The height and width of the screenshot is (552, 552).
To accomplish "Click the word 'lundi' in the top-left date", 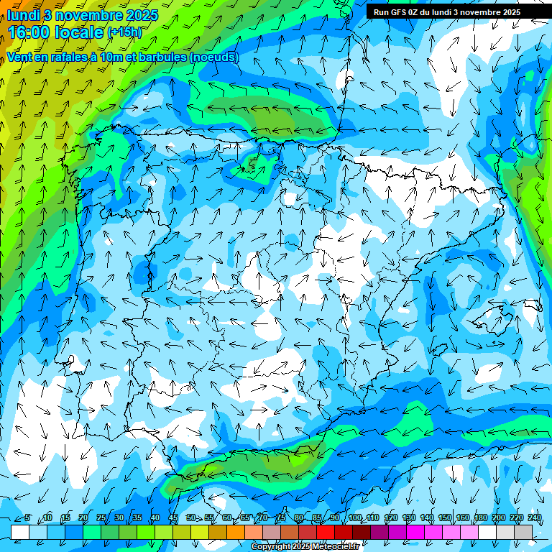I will click(23, 14).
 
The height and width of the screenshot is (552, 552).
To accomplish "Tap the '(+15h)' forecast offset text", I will click(124, 32).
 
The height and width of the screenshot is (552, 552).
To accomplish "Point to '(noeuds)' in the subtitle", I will click(212, 57).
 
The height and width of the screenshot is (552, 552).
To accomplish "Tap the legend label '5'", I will click(27, 518).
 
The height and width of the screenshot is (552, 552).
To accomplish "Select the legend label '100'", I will click(354, 518).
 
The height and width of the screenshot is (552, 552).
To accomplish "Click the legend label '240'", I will click(534, 518).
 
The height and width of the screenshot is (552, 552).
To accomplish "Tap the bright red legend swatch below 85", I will click(326, 532).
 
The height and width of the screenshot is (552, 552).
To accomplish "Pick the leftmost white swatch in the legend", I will click(20, 532).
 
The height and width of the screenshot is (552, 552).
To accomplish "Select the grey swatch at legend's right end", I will click(523, 532).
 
